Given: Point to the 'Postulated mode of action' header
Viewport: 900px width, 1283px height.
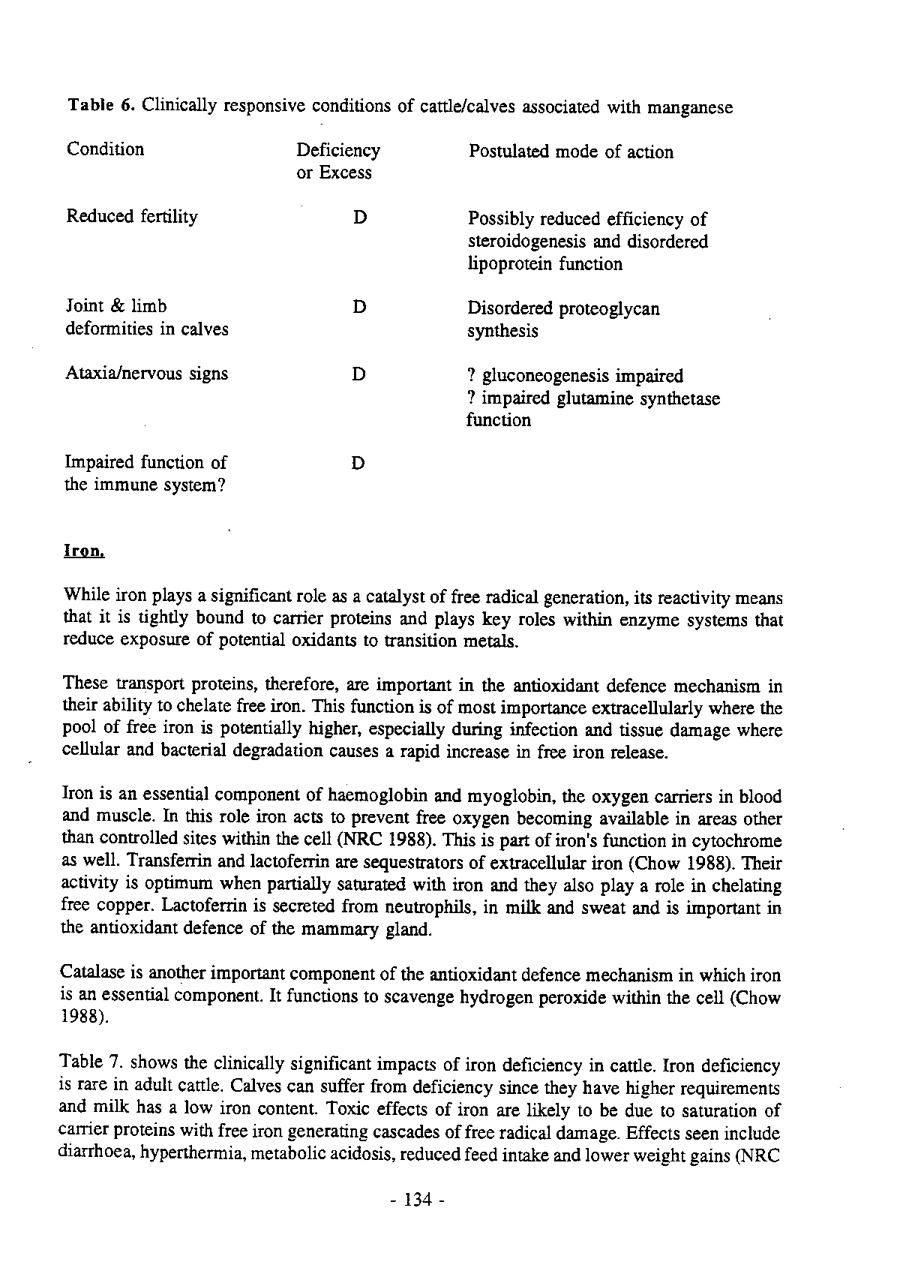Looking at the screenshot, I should click(571, 152).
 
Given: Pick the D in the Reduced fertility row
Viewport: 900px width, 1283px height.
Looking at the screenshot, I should click(357, 217).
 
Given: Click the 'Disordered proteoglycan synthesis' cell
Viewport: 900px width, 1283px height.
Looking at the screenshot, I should click(563, 319).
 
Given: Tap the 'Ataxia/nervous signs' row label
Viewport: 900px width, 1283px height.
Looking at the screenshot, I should click(146, 376).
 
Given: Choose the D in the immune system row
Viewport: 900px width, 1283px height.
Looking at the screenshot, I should click(357, 463).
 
